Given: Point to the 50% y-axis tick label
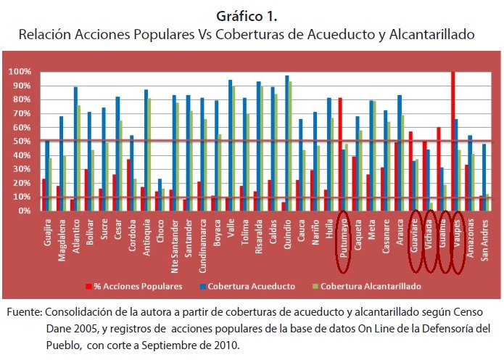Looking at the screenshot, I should (20, 142).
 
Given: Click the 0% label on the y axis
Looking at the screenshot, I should (22, 210).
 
